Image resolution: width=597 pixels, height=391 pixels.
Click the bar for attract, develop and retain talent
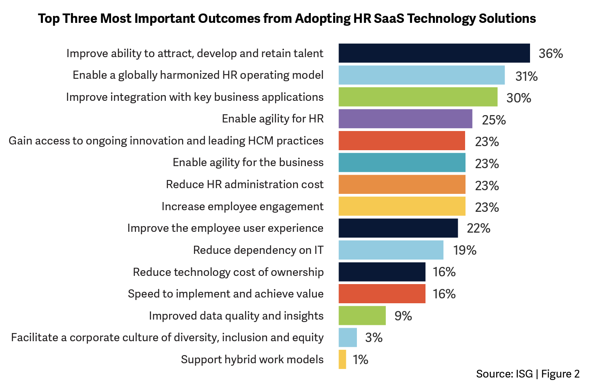click(x=434, y=53)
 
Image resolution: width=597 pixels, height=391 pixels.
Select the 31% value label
click(x=526, y=76)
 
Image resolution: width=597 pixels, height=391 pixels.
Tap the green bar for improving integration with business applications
click(x=418, y=97)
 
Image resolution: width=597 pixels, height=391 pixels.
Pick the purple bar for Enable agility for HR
click(x=405, y=119)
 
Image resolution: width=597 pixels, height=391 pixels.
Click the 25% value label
click(x=494, y=120)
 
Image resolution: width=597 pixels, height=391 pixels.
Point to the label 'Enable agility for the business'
click(x=248, y=162)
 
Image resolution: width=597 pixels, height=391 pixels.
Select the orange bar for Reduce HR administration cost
click(x=402, y=184)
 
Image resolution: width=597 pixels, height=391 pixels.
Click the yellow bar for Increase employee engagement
click(x=402, y=206)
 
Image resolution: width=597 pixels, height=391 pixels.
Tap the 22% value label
click(x=478, y=228)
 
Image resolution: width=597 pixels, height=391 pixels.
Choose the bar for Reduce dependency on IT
click(x=391, y=250)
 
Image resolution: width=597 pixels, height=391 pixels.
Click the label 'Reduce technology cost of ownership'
click(x=228, y=272)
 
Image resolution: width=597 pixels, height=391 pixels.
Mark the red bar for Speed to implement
click(x=382, y=294)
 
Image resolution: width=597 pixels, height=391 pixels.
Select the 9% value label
click(x=403, y=316)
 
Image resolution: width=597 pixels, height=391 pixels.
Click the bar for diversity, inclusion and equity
click(x=348, y=338)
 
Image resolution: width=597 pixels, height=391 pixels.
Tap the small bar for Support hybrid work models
click(x=342, y=360)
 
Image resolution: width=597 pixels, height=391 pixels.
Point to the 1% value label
click(x=361, y=360)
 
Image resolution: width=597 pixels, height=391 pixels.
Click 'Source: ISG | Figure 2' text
click(x=528, y=374)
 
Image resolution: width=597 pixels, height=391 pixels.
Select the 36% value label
click(x=550, y=53)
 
